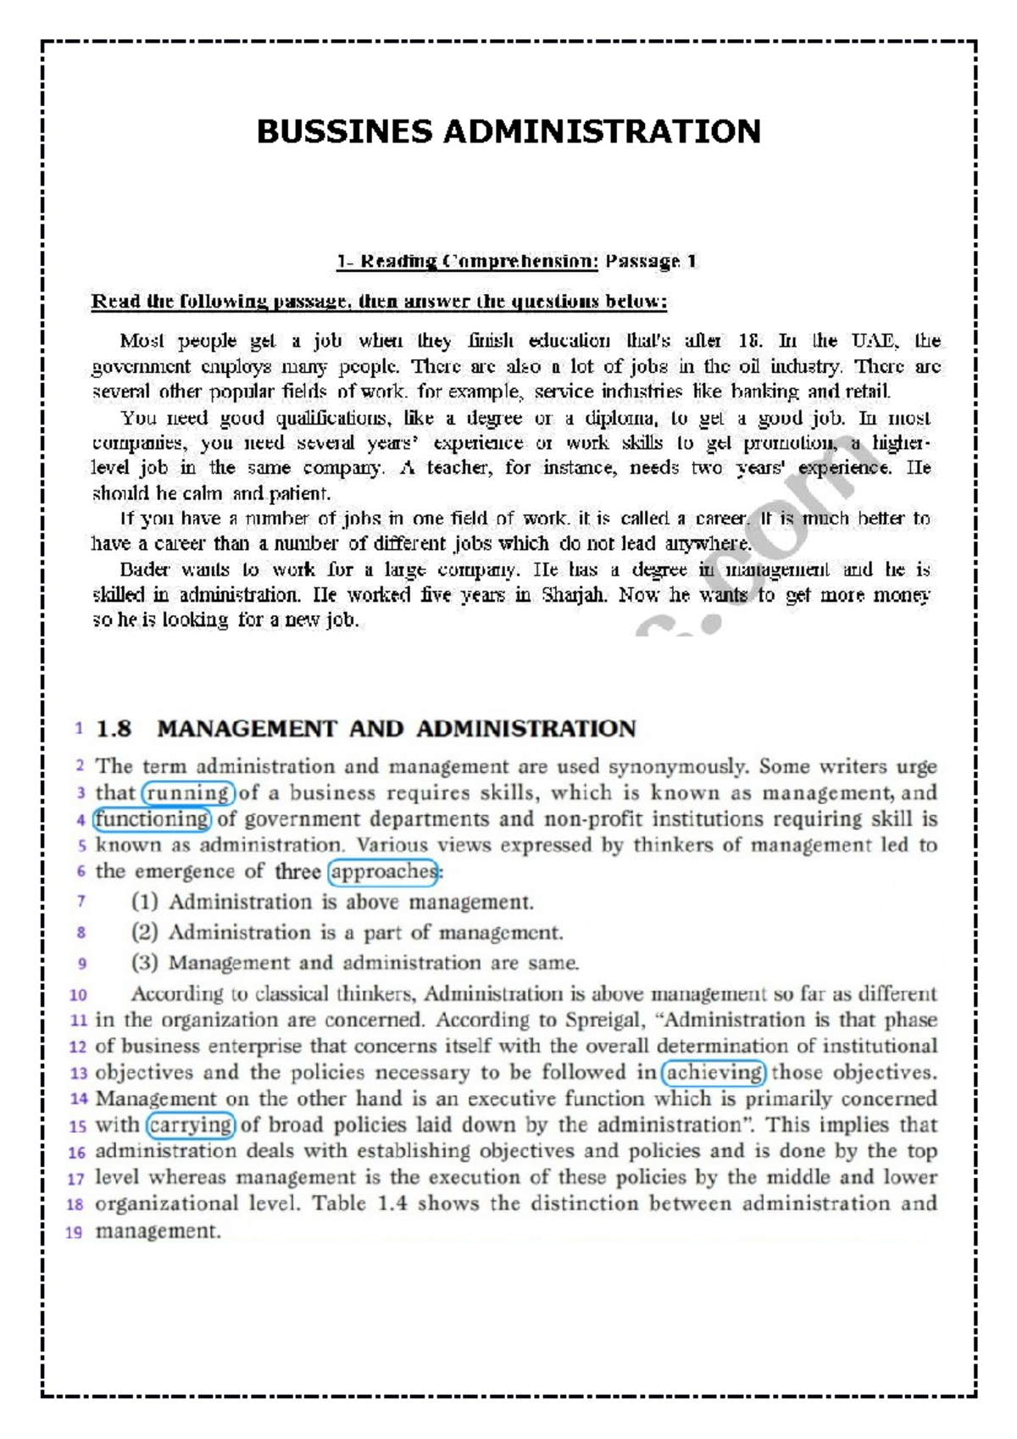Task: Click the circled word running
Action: coord(187,793)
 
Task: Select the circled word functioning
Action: coord(152,820)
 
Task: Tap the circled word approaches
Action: coord(383,871)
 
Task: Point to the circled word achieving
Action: coord(714,1072)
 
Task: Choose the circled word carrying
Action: coord(191,1125)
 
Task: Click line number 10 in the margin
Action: coord(78,995)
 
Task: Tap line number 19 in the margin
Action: coord(75,1232)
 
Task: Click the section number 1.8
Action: coord(114,729)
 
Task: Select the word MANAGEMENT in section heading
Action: coord(247,729)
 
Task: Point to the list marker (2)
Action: coord(145,932)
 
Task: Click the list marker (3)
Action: coord(145,963)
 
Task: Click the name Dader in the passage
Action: coord(144,569)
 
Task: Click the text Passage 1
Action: coord(651,261)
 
